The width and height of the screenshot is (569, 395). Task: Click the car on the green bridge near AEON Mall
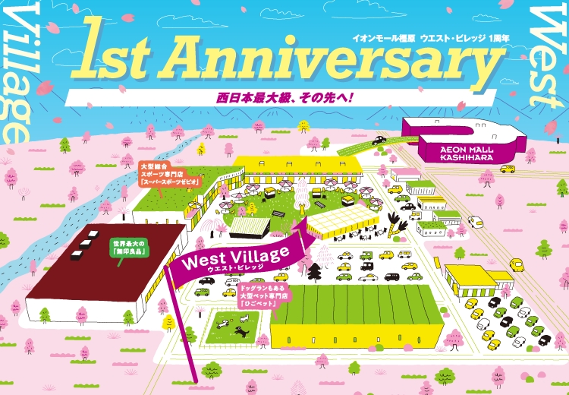379,140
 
